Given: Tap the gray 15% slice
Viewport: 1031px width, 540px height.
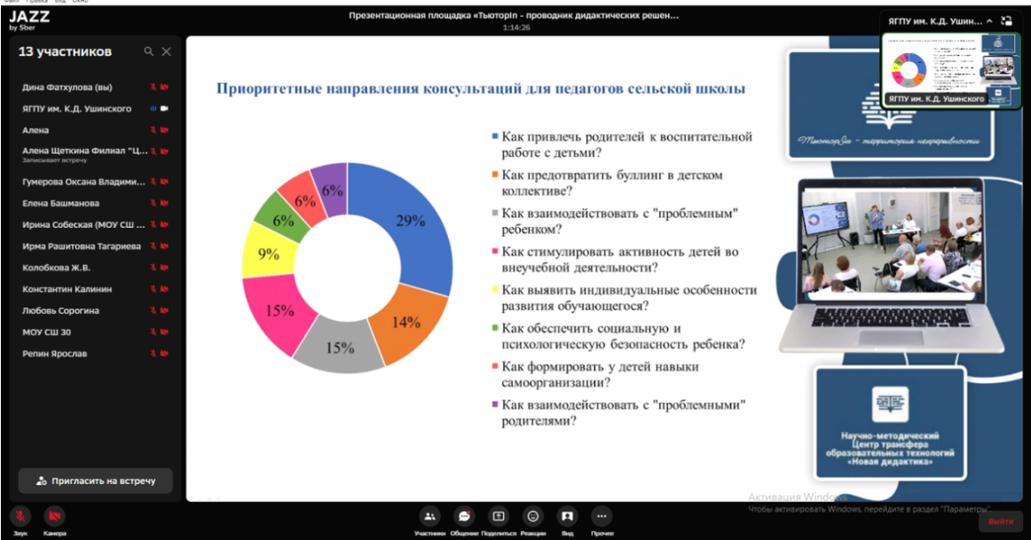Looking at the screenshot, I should point(339,347).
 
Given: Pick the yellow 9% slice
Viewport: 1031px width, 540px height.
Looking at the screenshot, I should point(269,254).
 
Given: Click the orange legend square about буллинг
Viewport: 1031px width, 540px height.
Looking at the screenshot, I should point(494,176).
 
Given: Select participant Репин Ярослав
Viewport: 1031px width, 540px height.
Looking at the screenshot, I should point(54,354).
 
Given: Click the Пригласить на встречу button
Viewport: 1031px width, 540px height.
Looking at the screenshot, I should point(95,481).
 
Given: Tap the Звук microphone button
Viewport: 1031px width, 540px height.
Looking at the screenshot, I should point(20,516).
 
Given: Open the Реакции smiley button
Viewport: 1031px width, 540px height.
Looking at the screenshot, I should point(533,516).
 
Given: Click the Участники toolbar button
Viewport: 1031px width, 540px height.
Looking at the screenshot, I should point(429,516).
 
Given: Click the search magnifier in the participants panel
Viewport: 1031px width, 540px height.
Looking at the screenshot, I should point(149,52).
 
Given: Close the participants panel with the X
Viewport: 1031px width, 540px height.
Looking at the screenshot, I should point(166,52).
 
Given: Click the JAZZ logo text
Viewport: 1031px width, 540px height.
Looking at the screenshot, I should point(29,16).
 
